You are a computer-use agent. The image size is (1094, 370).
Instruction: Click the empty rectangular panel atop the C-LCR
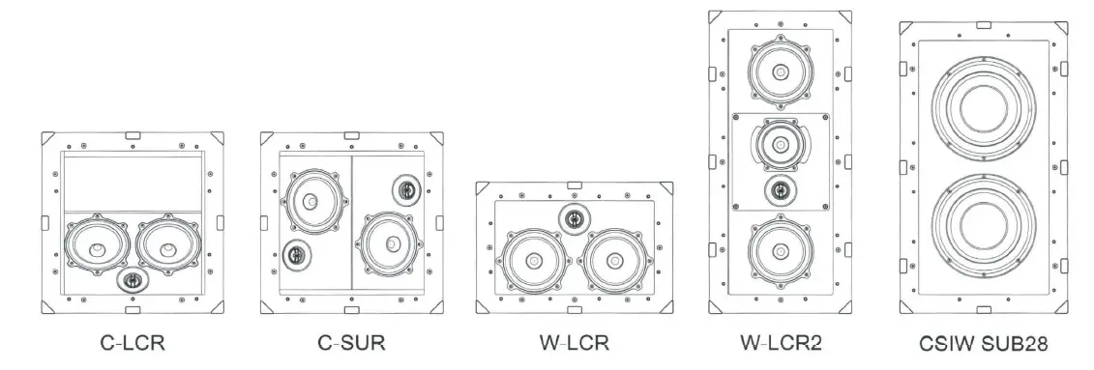click(x=133, y=183)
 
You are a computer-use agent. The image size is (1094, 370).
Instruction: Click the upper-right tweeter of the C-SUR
click(x=406, y=188)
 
